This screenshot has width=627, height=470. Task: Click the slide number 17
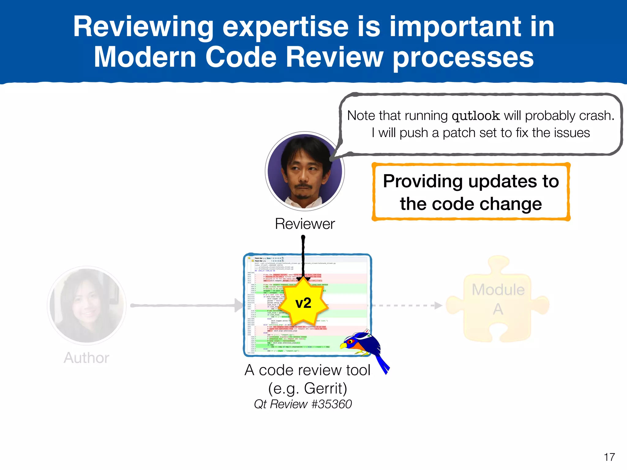pyautogui.click(x=609, y=457)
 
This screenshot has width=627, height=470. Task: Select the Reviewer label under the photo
pyautogui.click(x=305, y=224)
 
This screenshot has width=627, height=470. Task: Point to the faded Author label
pyautogui.click(x=86, y=358)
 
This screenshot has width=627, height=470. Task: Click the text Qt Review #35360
pyautogui.click(x=303, y=404)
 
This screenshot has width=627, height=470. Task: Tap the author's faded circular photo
pyautogui.click(x=87, y=305)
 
